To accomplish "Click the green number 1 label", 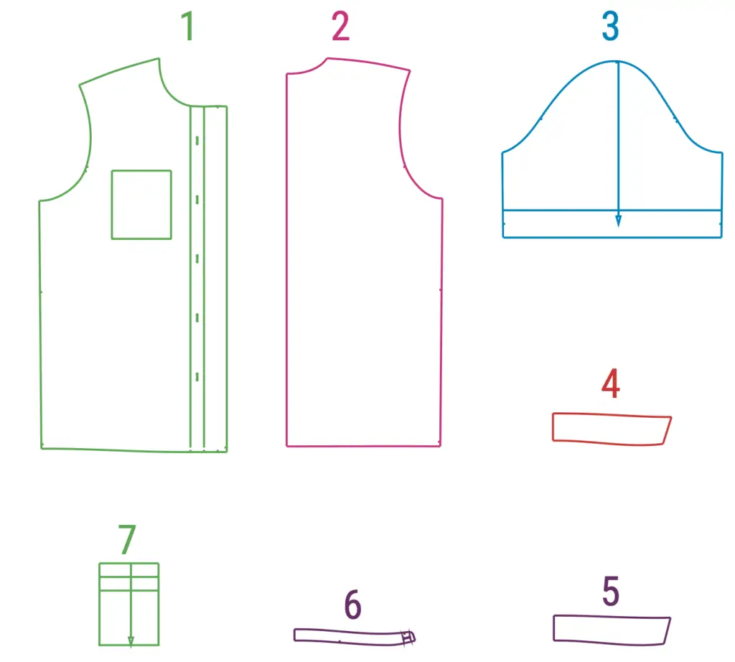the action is point(188,27).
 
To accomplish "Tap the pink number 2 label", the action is point(340,27).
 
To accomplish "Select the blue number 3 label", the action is point(610,27).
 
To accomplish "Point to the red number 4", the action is point(611,383).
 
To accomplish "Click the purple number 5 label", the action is point(611,591).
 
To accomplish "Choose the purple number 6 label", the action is point(353,605).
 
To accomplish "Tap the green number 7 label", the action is point(127,540).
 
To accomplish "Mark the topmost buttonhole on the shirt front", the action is point(197,140).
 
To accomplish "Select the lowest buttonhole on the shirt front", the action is point(197,376).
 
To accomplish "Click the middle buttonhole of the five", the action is point(197,258).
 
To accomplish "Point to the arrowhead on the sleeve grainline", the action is point(618,221).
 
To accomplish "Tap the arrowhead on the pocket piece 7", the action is point(131,641).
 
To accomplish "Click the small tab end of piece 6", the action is point(408,637).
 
